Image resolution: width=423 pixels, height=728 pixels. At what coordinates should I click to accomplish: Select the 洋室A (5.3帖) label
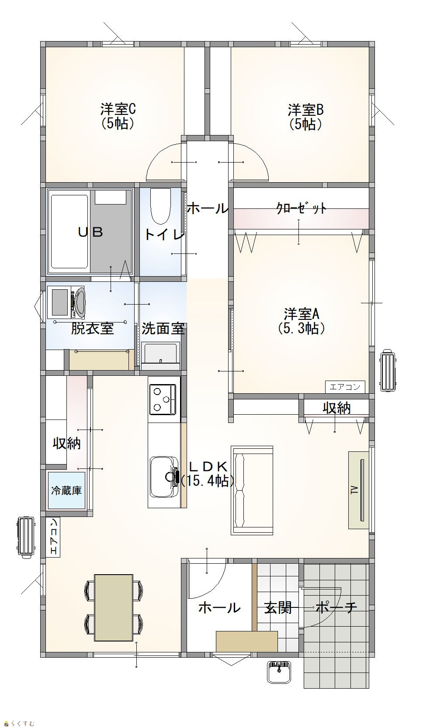[x=302, y=321]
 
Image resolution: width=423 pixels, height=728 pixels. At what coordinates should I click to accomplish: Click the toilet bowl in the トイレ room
[x=160, y=206]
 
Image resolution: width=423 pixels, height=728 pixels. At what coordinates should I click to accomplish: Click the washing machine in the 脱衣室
[x=66, y=302]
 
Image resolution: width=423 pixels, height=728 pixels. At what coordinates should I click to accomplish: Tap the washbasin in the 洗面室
[x=160, y=356]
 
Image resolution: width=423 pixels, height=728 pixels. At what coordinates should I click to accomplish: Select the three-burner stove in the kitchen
[x=163, y=399]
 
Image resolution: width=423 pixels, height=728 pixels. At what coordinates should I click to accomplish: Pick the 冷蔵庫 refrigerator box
[x=66, y=490]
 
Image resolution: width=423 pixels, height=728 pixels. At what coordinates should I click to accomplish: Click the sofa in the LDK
[x=252, y=490]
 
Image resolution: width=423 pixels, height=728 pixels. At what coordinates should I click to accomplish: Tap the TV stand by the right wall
[x=359, y=490]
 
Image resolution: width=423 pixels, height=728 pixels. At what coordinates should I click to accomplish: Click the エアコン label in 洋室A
[x=345, y=387]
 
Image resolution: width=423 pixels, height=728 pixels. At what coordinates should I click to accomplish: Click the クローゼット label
[x=301, y=208]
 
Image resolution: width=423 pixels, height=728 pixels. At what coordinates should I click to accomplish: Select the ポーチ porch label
[x=336, y=607]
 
